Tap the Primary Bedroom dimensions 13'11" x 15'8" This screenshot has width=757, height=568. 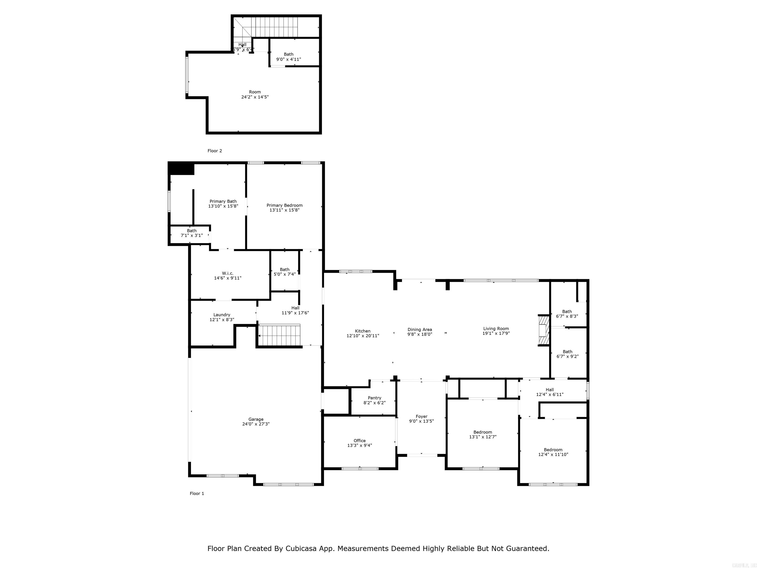pyautogui.click(x=284, y=210)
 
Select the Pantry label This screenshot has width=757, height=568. pyautogui.click(x=374, y=398)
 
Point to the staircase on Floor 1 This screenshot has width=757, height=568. pyautogui.click(x=279, y=335)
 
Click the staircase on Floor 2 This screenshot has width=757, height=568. pyautogui.click(x=274, y=27)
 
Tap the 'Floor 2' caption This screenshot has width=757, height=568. pyautogui.click(x=215, y=151)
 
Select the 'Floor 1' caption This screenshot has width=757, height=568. pyautogui.click(x=197, y=493)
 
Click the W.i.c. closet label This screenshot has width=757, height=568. pyautogui.click(x=228, y=273)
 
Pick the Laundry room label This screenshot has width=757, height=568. pyautogui.click(x=222, y=315)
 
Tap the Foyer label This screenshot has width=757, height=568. pyautogui.click(x=421, y=416)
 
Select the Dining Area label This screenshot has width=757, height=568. pyautogui.click(x=420, y=329)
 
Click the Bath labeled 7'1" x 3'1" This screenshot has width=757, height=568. pyautogui.click(x=192, y=233)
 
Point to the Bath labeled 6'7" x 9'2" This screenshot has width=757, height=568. pyautogui.click(x=568, y=354)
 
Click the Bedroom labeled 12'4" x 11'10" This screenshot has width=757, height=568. pyautogui.click(x=553, y=452)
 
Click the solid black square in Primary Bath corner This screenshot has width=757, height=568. pyautogui.click(x=182, y=168)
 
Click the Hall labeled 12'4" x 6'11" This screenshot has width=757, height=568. pyautogui.click(x=550, y=392)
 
